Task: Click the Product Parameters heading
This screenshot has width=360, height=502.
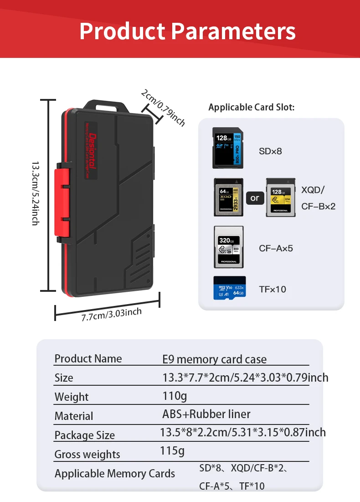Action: (x=187, y=31)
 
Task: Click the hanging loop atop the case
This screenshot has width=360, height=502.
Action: (x=108, y=105)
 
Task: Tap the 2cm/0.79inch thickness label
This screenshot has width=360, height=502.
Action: (x=163, y=107)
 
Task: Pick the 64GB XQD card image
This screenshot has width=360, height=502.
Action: (x=228, y=197)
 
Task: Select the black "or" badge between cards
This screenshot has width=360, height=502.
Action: (x=254, y=198)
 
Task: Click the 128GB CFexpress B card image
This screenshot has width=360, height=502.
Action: (x=280, y=197)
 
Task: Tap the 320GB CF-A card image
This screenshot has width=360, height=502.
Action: (x=228, y=247)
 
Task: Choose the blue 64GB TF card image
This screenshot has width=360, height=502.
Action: (x=229, y=288)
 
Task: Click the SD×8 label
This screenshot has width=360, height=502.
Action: (x=270, y=151)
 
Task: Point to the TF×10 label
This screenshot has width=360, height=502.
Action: (x=273, y=289)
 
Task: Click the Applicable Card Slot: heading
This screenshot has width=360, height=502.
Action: (x=251, y=107)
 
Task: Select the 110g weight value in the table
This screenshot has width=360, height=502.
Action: (x=175, y=395)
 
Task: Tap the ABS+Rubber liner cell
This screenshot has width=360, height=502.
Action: (x=206, y=414)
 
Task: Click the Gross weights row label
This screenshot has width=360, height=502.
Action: (x=87, y=454)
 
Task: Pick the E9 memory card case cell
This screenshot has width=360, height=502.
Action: (x=214, y=359)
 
